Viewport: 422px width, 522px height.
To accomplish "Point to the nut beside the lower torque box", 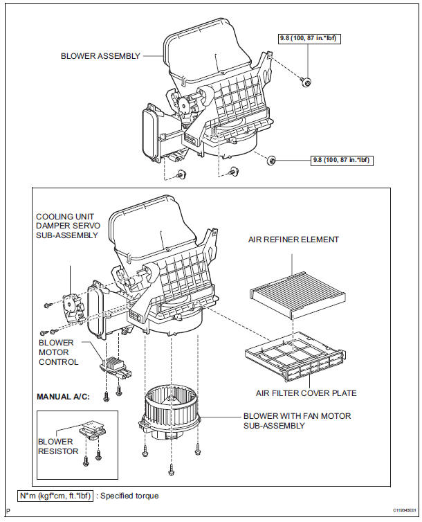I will click(x=271, y=161).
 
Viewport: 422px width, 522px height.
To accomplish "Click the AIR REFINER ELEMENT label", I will click(x=293, y=240).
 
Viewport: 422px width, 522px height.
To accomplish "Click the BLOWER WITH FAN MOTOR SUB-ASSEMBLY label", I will click(x=297, y=421).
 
